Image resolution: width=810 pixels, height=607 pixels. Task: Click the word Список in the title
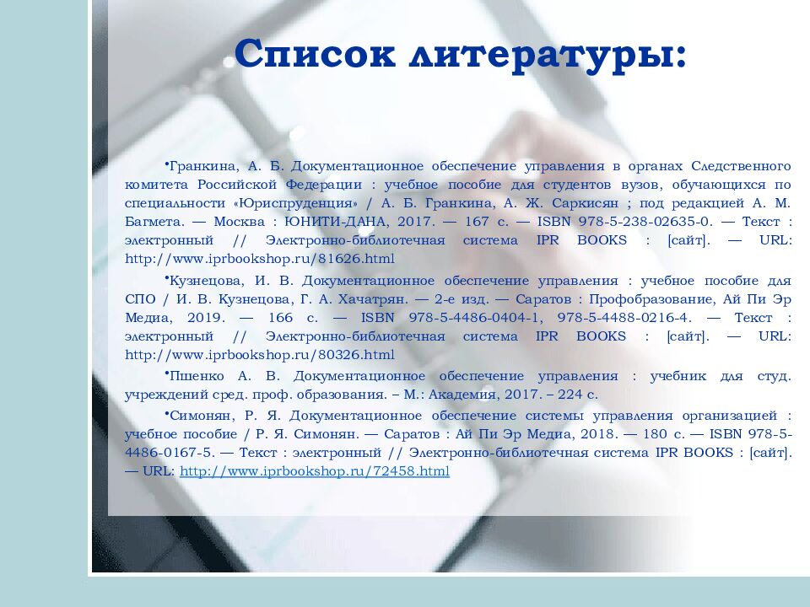(315, 55)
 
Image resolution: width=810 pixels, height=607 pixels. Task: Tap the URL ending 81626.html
(260, 259)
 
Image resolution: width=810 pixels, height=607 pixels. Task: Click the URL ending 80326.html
(260, 355)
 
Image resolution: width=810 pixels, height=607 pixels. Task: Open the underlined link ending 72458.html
(315, 471)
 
